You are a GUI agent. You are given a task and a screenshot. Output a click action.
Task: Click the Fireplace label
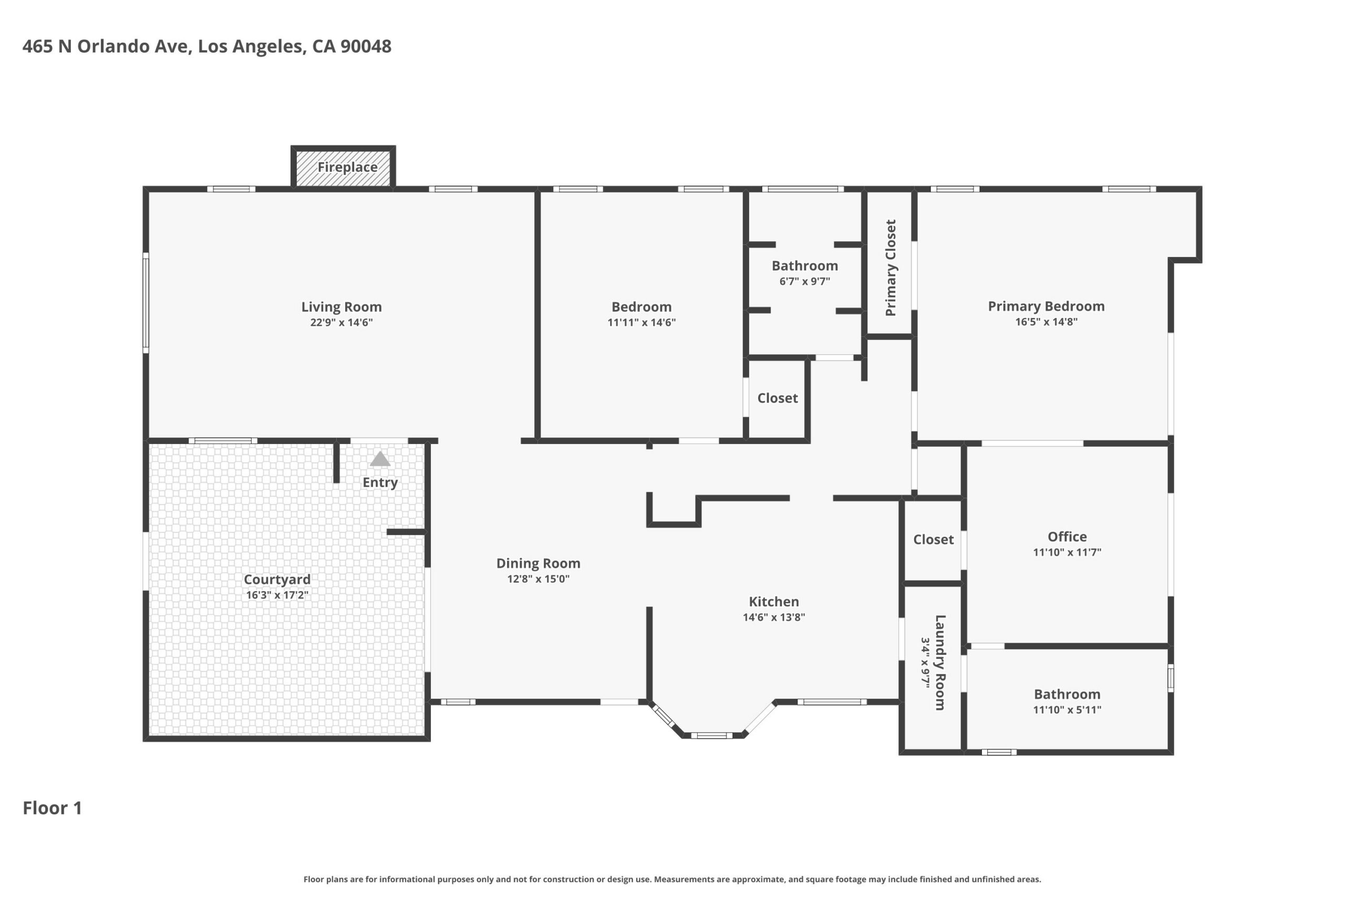(x=347, y=167)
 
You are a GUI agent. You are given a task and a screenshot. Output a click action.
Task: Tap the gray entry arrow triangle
(x=380, y=459)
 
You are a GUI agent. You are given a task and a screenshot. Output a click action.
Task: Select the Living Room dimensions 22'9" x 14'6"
(x=342, y=323)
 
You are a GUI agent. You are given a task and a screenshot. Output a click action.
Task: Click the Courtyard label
(x=277, y=580)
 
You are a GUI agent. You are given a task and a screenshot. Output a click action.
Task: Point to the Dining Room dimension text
(x=538, y=579)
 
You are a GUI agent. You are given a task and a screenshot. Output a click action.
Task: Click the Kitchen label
(x=774, y=601)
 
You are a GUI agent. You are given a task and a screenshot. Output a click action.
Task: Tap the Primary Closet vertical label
(x=891, y=267)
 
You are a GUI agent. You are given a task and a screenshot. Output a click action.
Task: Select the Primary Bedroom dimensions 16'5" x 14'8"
(x=1046, y=322)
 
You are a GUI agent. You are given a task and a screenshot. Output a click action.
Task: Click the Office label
(x=1067, y=537)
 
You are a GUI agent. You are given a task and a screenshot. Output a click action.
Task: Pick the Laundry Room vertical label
(x=940, y=663)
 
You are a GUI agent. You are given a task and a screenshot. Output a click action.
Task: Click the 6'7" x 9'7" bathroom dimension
(x=804, y=281)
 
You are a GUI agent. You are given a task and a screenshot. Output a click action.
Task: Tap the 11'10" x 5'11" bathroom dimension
(x=1067, y=709)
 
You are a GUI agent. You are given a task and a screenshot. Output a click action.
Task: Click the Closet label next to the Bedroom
(x=777, y=398)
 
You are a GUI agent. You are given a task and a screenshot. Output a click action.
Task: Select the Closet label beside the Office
(x=933, y=540)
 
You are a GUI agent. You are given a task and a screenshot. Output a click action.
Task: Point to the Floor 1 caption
(x=52, y=808)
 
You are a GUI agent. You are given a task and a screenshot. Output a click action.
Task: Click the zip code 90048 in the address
(x=366, y=46)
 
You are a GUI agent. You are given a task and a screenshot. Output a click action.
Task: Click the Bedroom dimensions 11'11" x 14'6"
(x=641, y=323)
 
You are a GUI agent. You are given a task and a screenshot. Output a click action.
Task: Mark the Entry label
(x=380, y=482)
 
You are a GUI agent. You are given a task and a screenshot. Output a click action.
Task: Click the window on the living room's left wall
(x=146, y=303)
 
